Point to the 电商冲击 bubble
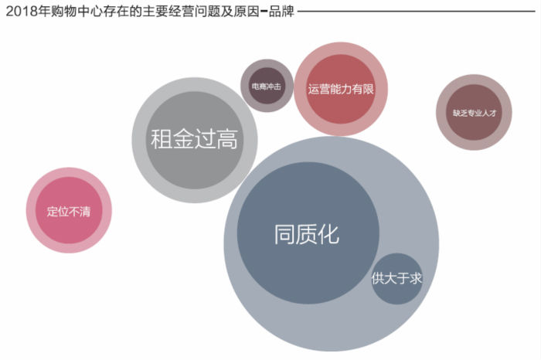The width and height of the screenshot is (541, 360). pyautogui.click(x=267, y=87)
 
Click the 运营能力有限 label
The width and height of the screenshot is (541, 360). pyautogui.click(x=340, y=89)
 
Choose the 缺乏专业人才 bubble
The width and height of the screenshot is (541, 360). pyautogui.click(x=474, y=113)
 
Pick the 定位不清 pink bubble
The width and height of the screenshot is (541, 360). pyautogui.click(x=69, y=211)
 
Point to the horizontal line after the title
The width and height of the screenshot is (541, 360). pyautogui.click(x=417, y=12)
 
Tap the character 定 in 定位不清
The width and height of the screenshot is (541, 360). pyautogui.click(x=53, y=211)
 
